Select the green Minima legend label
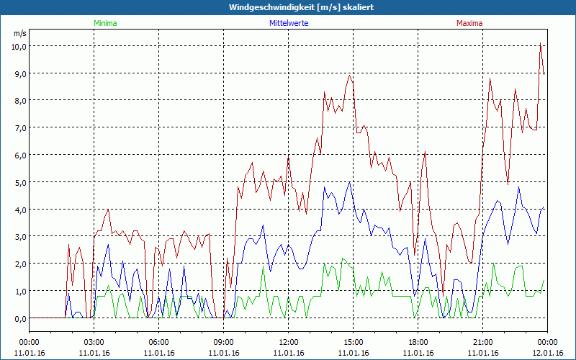pyautogui.click(x=105, y=23)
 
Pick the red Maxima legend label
pyautogui.click(x=469, y=23)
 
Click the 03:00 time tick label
pyautogui.click(x=94, y=341)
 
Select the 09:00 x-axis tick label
pyautogui.click(x=223, y=341)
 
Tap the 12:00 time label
pyautogui.click(x=288, y=341)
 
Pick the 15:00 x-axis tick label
pyautogui.click(x=353, y=341)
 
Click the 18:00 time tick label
pyautogui.click(x=418, y=341)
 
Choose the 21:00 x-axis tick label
pyautogui.click(x=482, y=341)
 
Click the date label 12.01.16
pyautogui.click(x=546, y=353)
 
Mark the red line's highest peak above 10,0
pyautogui.click(x=540, y=43)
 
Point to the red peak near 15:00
pyautogui.click(x=350, y=75)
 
